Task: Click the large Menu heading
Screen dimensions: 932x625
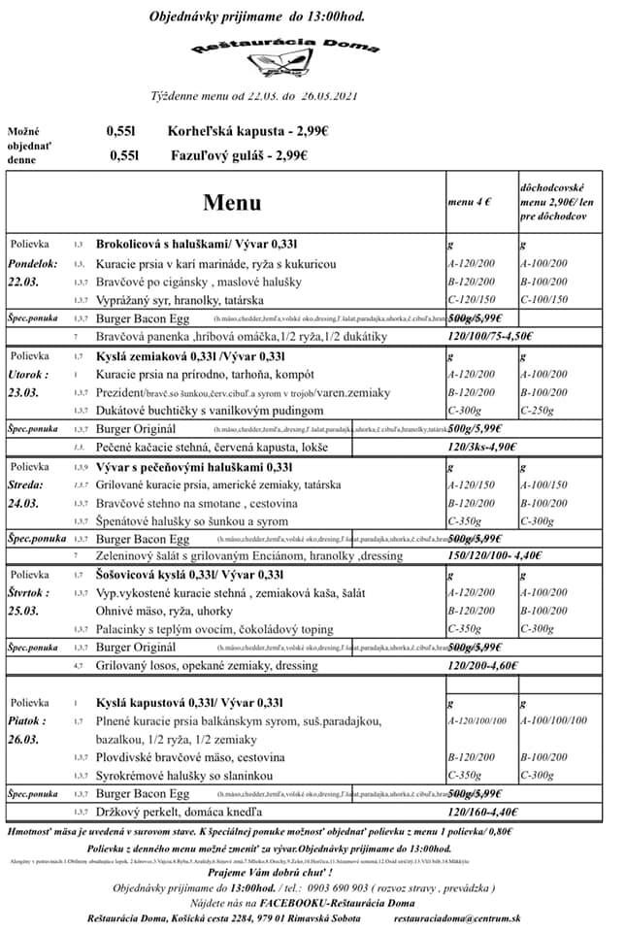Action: coord(232,203)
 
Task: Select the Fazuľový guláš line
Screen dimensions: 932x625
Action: coord(239,154)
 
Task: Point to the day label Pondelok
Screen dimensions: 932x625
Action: coord(34,264)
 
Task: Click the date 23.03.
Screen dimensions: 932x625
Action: coord(23,392)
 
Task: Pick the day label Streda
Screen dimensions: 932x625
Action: coord(26,483)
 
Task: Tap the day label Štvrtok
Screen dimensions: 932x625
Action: coord(30,592)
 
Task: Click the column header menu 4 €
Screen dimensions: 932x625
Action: coord(470,202)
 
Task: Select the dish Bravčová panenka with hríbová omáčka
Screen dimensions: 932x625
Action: coord(241,336)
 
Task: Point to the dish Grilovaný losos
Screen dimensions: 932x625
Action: coord(207,667)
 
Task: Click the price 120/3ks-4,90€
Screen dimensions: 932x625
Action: coord(482,448)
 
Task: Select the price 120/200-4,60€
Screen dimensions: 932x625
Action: coord(482,667)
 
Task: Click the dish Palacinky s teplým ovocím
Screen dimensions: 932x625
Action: coord(214,628)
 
